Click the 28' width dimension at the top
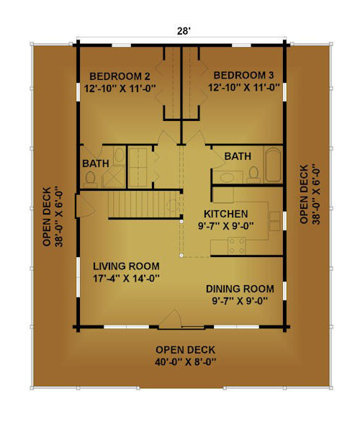pos(184,31)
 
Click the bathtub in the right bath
pos(273,164)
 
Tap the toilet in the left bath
pos(90,178)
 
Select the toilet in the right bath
pos(253,175)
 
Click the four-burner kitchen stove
pos(237,246)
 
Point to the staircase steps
pos(145,204)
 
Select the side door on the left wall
pos(85,206)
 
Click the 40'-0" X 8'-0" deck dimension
pos(185,361)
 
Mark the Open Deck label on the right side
pos(304,194)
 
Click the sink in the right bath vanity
pos(227,177)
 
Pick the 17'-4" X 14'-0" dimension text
pos(126,279)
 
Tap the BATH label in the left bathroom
pos(96,163)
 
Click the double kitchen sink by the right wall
pos(274,221)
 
